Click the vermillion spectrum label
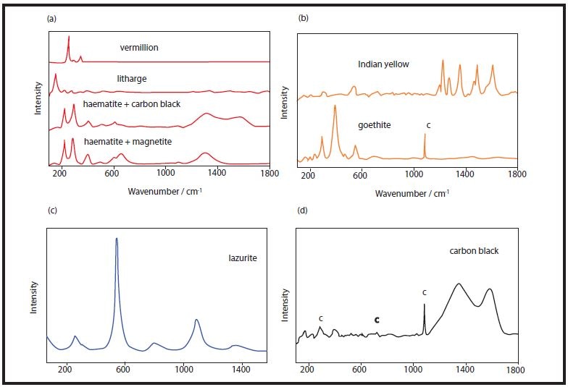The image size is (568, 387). click(139, 48)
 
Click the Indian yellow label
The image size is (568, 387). click(383, 64)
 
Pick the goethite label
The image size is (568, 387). click(375, 125)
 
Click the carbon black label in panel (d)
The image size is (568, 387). click(474, 251)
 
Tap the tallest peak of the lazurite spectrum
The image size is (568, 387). click(117, 239)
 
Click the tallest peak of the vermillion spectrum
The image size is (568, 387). click(69, 37)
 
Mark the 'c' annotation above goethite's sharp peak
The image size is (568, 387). click(428, 125)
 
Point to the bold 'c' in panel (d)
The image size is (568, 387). click(377, 319)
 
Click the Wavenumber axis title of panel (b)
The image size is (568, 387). click(407, 194)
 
